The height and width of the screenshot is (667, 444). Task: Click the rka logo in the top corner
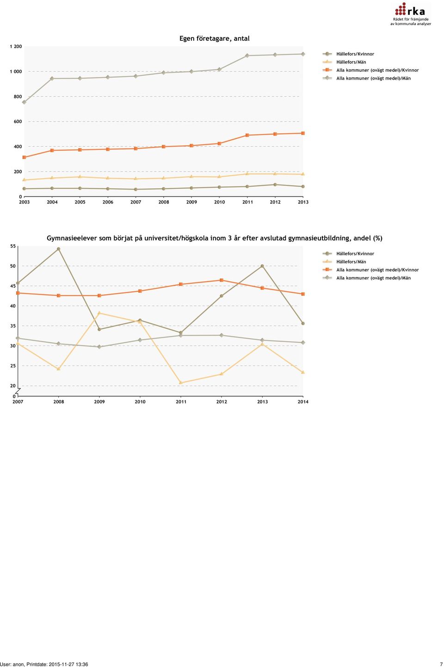tap(410, 14)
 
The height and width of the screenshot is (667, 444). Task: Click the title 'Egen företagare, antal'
tap(215, 38)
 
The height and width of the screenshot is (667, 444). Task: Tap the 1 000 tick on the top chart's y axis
tap(16, 71)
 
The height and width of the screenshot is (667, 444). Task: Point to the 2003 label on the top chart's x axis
tap(24, 202)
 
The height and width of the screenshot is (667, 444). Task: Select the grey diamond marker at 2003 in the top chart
tap(24, 102)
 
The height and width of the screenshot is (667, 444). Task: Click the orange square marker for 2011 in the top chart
tap(247, 135)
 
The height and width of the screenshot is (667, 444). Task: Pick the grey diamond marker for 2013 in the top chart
tap(303, 54)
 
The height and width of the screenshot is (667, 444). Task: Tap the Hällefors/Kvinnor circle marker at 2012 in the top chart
tap(275, 185)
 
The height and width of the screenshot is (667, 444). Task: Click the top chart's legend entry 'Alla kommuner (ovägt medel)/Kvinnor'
tap(370, 70)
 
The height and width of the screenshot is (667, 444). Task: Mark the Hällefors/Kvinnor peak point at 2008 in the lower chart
tap(59, 249)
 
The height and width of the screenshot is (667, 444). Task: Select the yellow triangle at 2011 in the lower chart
tap(181, 383)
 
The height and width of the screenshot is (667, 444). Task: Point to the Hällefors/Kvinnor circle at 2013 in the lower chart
tap(262, 266)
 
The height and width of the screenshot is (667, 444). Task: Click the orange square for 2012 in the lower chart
tap(222, 280)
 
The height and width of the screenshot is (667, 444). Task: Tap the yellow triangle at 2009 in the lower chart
tap(99, 313)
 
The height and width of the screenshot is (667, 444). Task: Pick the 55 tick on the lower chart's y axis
tap(13, 246)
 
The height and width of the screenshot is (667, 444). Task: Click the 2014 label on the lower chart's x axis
tap(303, 401)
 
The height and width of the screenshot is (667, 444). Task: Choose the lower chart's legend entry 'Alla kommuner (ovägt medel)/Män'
tap(367, 278)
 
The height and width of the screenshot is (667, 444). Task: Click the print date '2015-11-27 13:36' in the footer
tap(68, 664)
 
